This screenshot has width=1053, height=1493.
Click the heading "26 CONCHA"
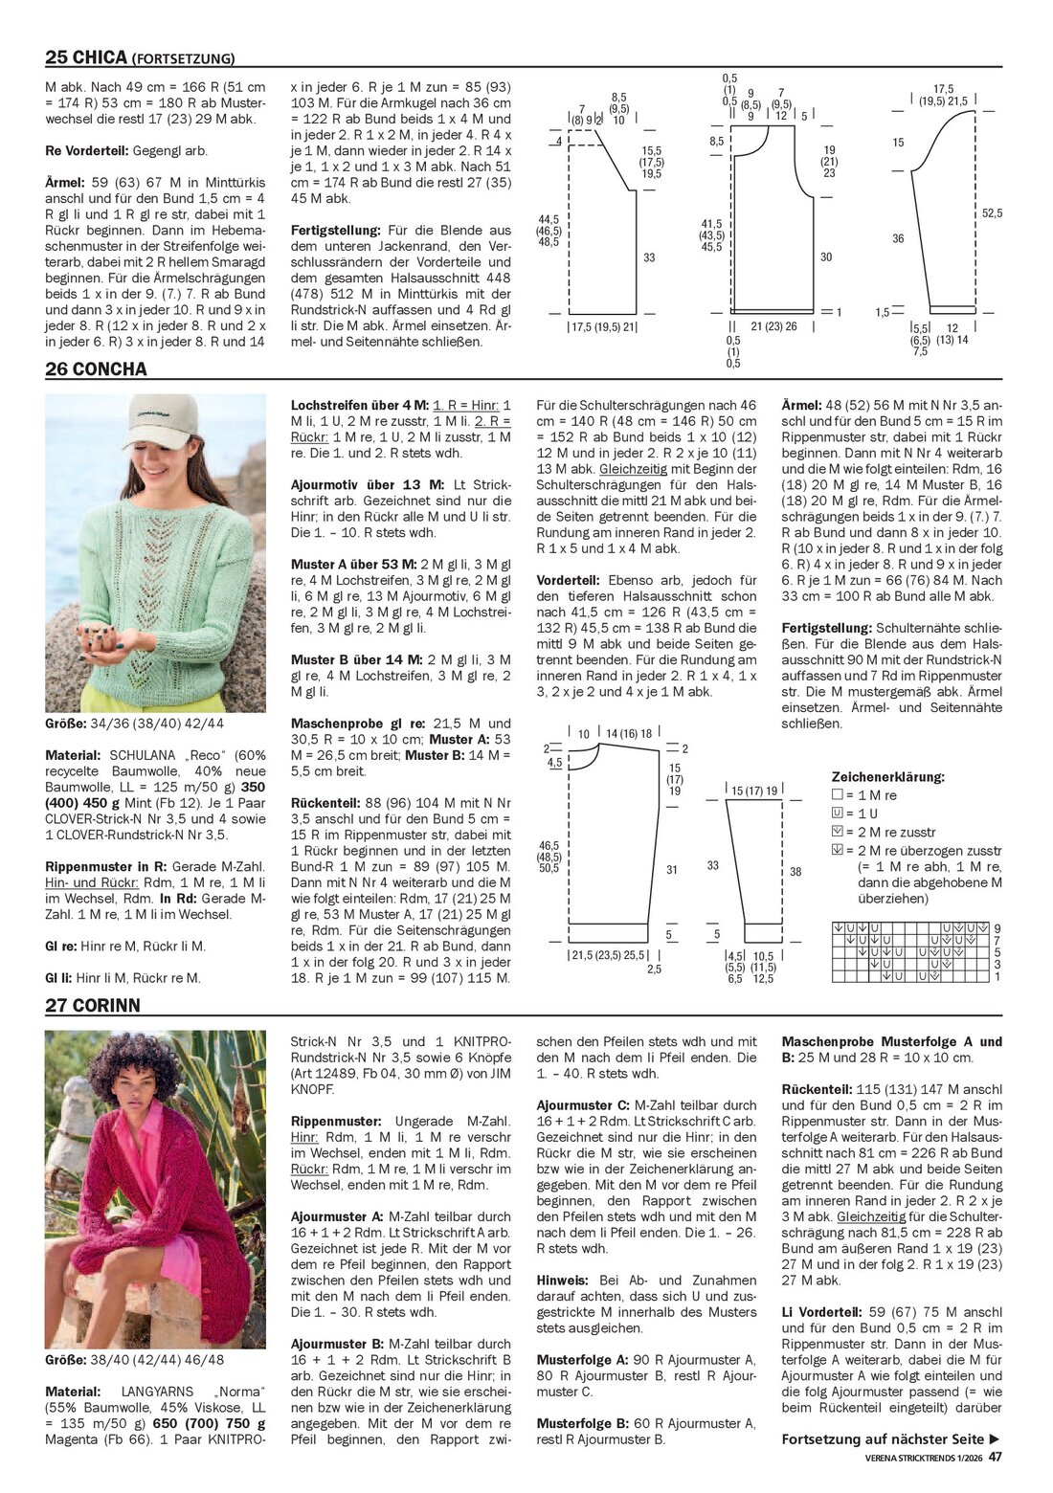[x=96, y=369]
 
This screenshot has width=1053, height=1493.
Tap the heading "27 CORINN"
[x=93, y=1005]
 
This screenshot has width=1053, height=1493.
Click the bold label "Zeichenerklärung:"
[x=887, y=777]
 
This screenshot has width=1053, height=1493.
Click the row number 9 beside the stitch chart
[x=997, y=928]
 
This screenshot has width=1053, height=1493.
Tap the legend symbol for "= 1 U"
[x=836, y=814]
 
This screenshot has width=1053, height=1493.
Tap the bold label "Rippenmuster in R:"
[x=101, y=866]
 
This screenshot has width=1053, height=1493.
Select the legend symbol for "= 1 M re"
[x=836, y=795]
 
